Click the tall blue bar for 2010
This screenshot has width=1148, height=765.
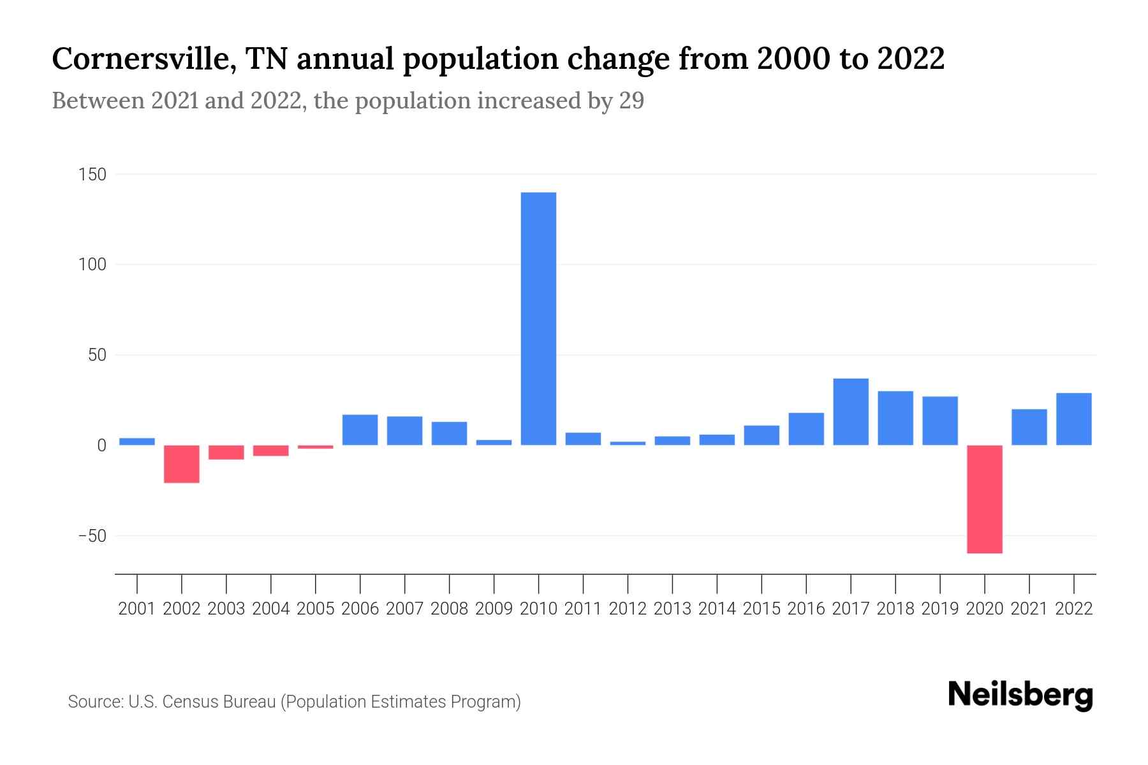coord(538,319)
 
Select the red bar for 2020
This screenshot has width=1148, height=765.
coord(984,499)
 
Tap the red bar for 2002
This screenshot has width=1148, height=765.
coord(182,463)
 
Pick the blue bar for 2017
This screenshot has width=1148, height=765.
coord(850,412)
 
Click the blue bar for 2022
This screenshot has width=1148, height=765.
coord(1073,419)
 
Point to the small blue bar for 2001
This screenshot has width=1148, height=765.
coord(137,441)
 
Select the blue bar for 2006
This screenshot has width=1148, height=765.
coord(360,430)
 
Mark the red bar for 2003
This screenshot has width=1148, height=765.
coord(226,452)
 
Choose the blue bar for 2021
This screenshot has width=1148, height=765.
coord(1029,427)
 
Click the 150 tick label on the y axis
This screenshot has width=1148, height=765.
coord(93,174)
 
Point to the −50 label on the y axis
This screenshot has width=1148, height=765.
coord(92,535)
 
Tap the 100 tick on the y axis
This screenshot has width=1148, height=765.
coord(93,265)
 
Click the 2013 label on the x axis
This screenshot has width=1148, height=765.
coord(672,609)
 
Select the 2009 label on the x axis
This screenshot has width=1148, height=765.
coord(494,609)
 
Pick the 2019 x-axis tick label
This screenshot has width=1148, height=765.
coord(939,609)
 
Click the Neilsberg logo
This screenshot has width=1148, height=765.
coord(1020,696)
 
